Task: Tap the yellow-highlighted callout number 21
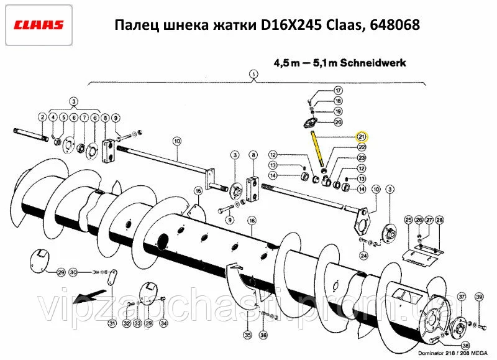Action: [x=362, y=137]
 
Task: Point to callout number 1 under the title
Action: [x=253, y=75]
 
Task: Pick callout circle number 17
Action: [x=339, y=91]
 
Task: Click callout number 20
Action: [x=339, y=122]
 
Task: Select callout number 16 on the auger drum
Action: [x=252, y=220]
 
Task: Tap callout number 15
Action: [x=198, y=191]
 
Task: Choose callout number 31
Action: [x=112, y=323]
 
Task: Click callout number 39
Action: [x=479, y=297]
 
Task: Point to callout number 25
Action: [x=408, y=220]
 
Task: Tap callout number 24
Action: [x=363, y=254]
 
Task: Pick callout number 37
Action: [x=462, y=297]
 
